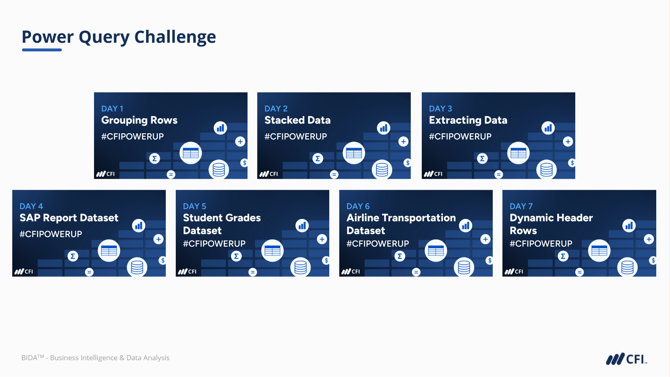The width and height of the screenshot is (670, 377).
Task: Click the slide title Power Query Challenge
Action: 119,37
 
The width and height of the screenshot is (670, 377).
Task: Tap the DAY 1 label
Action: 112,109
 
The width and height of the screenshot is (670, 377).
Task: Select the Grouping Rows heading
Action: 139,121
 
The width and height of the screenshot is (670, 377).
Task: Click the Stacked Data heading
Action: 297,120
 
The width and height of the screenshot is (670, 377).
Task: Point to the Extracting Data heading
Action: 468,121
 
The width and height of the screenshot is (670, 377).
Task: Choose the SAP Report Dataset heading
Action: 69,218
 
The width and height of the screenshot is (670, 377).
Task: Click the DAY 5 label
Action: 194,206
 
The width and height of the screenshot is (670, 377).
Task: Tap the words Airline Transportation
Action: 401,218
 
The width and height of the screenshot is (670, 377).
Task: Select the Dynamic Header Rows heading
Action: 551,224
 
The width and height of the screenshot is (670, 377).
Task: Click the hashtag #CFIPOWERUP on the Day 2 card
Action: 295,137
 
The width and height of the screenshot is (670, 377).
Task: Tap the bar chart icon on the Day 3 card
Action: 548,128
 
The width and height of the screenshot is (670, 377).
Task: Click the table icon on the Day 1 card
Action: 191,153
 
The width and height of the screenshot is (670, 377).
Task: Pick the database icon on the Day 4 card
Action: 137,267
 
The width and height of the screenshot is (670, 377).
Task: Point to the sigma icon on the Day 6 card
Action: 400,256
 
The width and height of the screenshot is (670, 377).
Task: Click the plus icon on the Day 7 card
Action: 649,239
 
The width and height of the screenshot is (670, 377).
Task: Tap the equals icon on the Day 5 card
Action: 253,272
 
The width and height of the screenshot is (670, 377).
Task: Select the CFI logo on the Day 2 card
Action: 269,174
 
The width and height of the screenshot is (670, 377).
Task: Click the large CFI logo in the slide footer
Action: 627,359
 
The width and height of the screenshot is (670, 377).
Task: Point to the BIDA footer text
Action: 95,358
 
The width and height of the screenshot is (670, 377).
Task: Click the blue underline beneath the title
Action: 42,50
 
